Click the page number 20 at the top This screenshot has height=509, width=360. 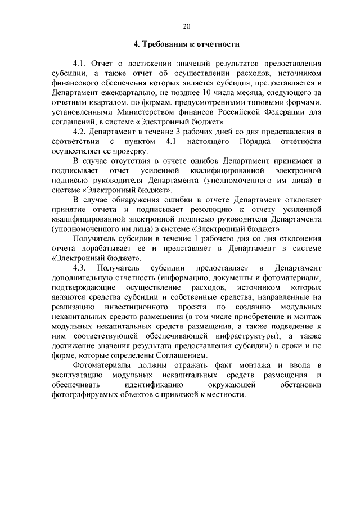187,25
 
